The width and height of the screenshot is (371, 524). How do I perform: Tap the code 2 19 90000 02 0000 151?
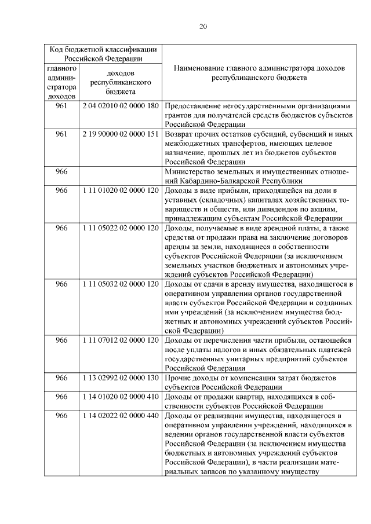tap(121, 134)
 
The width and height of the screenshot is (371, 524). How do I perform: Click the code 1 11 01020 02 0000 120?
tap(121, 190)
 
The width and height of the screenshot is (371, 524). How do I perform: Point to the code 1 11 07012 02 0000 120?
tap(121, 340)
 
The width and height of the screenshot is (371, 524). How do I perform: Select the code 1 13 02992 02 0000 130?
tap(121, 378)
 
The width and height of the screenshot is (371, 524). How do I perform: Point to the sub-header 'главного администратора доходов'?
tap(61, 82)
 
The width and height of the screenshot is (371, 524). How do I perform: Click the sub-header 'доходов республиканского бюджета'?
tap(121, 82)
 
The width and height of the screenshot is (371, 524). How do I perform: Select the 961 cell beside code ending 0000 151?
tap(61, 134)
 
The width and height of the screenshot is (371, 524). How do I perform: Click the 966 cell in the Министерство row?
tap(61, 171)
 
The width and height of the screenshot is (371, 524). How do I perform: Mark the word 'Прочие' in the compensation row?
tap(177, 378)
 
